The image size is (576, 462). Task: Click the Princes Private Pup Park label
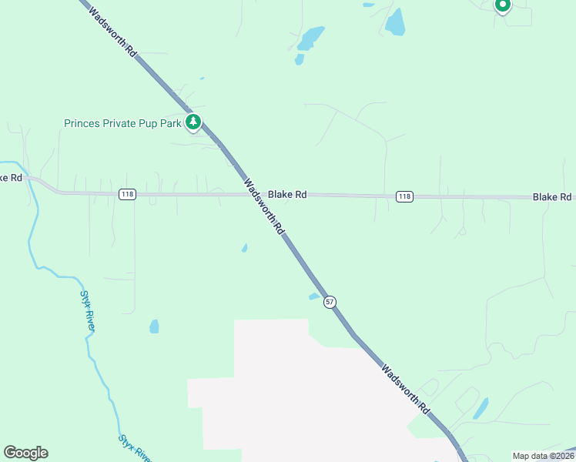click(122, 123)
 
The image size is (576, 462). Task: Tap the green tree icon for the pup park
click(193, 122)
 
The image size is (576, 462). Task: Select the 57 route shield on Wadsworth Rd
click(330, 301)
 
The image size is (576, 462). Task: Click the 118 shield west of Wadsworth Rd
click(128, 195)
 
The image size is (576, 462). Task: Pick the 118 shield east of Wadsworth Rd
click(404, 197)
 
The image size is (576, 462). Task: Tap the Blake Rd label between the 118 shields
click(288, 195)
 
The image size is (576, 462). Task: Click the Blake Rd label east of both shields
click(552, 198)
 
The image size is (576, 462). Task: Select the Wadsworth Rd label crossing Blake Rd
click(264, 207)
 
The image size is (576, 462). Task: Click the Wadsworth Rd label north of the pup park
click(112, 33)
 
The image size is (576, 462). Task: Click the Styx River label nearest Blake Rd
click(89, 310)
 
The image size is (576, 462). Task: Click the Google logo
click(26, 453)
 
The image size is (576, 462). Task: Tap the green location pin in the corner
click(502, 6)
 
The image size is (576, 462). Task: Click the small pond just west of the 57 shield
click(314, 296)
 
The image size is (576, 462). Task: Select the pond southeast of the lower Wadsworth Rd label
click(481, 408)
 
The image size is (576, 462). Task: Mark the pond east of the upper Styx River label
click(154, 326)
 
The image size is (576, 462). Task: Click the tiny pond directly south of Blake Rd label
click(245, 248)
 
